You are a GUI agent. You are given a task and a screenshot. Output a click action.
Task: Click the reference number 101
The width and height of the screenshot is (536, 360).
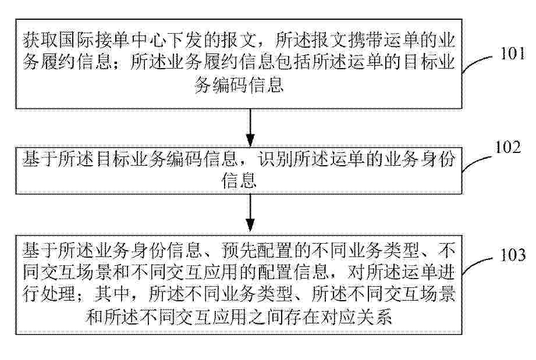512,54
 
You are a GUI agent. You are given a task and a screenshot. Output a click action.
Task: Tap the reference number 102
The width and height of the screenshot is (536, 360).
508,147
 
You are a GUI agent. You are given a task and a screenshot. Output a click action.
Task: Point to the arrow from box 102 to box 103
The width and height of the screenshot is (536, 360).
250,214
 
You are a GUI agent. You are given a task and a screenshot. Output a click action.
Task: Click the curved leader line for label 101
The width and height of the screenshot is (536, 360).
478,62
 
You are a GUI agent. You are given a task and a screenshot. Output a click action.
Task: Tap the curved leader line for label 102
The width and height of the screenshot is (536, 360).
477,162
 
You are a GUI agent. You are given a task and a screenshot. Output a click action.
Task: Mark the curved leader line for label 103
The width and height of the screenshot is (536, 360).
478,265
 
